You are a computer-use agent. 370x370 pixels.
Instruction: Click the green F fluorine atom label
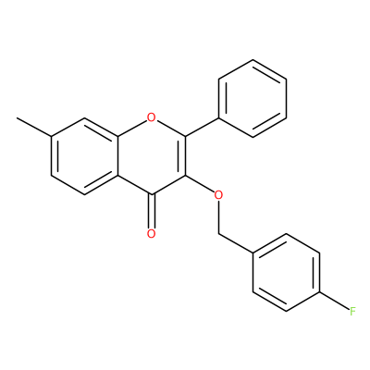[352, 312]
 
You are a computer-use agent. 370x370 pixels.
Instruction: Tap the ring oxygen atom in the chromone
[151, 117]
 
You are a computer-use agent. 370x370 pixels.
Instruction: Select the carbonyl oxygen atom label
[151, 233]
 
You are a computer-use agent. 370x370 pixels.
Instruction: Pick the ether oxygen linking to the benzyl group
[218, 195]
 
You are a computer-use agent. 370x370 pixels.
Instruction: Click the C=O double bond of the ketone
[151, 212]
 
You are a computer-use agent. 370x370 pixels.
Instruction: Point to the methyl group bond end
[17, 117]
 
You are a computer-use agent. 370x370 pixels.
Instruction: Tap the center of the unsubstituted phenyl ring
[253, 98]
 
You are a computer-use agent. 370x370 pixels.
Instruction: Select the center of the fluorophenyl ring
[286, 272]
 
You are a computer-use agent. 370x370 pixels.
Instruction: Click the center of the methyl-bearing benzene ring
[84, 156]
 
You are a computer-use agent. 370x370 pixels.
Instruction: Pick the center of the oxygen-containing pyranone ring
[151, 156]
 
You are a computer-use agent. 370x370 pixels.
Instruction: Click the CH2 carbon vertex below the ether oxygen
[218, 233]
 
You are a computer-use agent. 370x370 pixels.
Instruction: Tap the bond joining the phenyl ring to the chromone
[202, 127]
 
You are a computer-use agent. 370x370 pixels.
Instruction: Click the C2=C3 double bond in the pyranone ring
[183, 156]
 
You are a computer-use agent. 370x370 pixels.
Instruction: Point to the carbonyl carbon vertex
[151, 195]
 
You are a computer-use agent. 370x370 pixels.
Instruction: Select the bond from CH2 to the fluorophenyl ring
[236, 243]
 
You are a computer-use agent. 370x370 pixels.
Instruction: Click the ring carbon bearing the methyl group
[51, 137]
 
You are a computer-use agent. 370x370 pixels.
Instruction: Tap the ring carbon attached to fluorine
[320, 292]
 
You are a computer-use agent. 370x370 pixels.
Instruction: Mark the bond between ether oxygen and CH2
[218, 216]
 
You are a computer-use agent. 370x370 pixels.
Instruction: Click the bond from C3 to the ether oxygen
[200, 184]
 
